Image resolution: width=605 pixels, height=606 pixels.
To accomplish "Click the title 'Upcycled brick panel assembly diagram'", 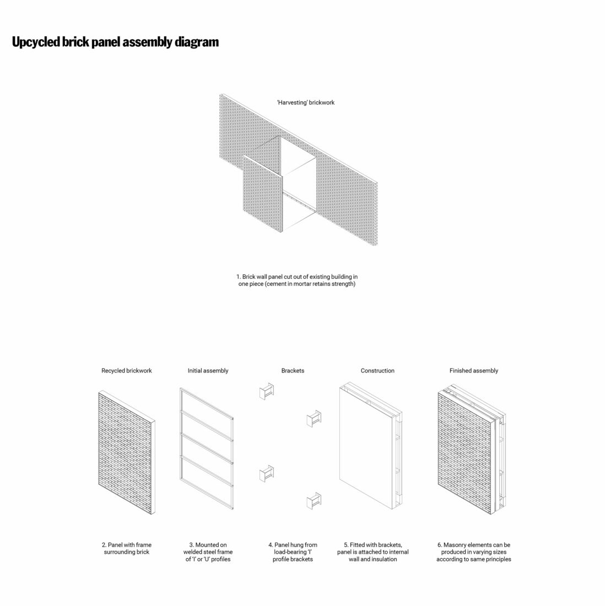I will point(115,42).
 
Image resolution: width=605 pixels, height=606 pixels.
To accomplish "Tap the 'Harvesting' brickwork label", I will point(305,102).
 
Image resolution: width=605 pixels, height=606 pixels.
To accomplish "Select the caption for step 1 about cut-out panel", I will point(297,280).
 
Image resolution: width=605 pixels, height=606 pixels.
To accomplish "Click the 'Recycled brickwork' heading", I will point(126,371).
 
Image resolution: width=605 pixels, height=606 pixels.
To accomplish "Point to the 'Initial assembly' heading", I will point(208,371).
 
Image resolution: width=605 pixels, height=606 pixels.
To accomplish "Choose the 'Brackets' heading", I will point(293,371).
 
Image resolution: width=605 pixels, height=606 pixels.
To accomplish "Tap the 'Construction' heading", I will point(377,371).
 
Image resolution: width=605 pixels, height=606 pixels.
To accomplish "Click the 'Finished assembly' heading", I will point(473,371).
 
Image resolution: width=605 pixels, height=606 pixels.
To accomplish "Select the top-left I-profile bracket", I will point(267,391).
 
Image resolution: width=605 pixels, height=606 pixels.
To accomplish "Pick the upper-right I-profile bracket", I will point(314,418).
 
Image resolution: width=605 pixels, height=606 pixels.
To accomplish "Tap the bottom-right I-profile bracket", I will point(314,501).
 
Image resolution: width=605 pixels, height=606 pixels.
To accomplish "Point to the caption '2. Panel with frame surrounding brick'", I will point(127,548).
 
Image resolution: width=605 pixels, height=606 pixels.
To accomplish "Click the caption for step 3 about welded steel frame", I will point(208,552).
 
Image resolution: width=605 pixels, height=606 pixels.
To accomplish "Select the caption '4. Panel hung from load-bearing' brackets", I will point(293,552).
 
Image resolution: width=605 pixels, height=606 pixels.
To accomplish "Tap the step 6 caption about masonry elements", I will point(473,552).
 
